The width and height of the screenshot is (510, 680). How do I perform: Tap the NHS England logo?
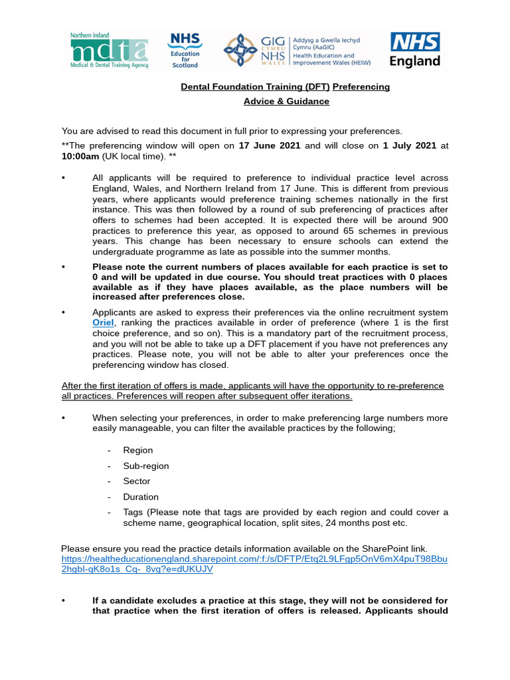tap(414, 50)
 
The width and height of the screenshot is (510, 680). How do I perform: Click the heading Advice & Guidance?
tap(286, 102)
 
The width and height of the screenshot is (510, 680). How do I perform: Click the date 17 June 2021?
tap(270, 145)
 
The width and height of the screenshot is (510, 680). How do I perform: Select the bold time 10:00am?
tap(80, 156)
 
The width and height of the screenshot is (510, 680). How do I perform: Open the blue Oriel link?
tap(104, 323)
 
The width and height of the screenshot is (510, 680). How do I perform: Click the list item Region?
tap(137, 450)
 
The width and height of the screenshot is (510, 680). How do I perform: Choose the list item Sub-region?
tap(145, 466)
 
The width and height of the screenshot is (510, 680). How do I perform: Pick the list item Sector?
tap(136, 481)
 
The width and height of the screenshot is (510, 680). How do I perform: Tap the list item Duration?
tap(141, 497)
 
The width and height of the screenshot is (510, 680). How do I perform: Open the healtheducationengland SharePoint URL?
tap(254, 564)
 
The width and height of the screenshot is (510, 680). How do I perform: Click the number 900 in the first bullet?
tap(440, 220)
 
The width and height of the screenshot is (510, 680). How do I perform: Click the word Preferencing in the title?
tap(361, 87)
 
